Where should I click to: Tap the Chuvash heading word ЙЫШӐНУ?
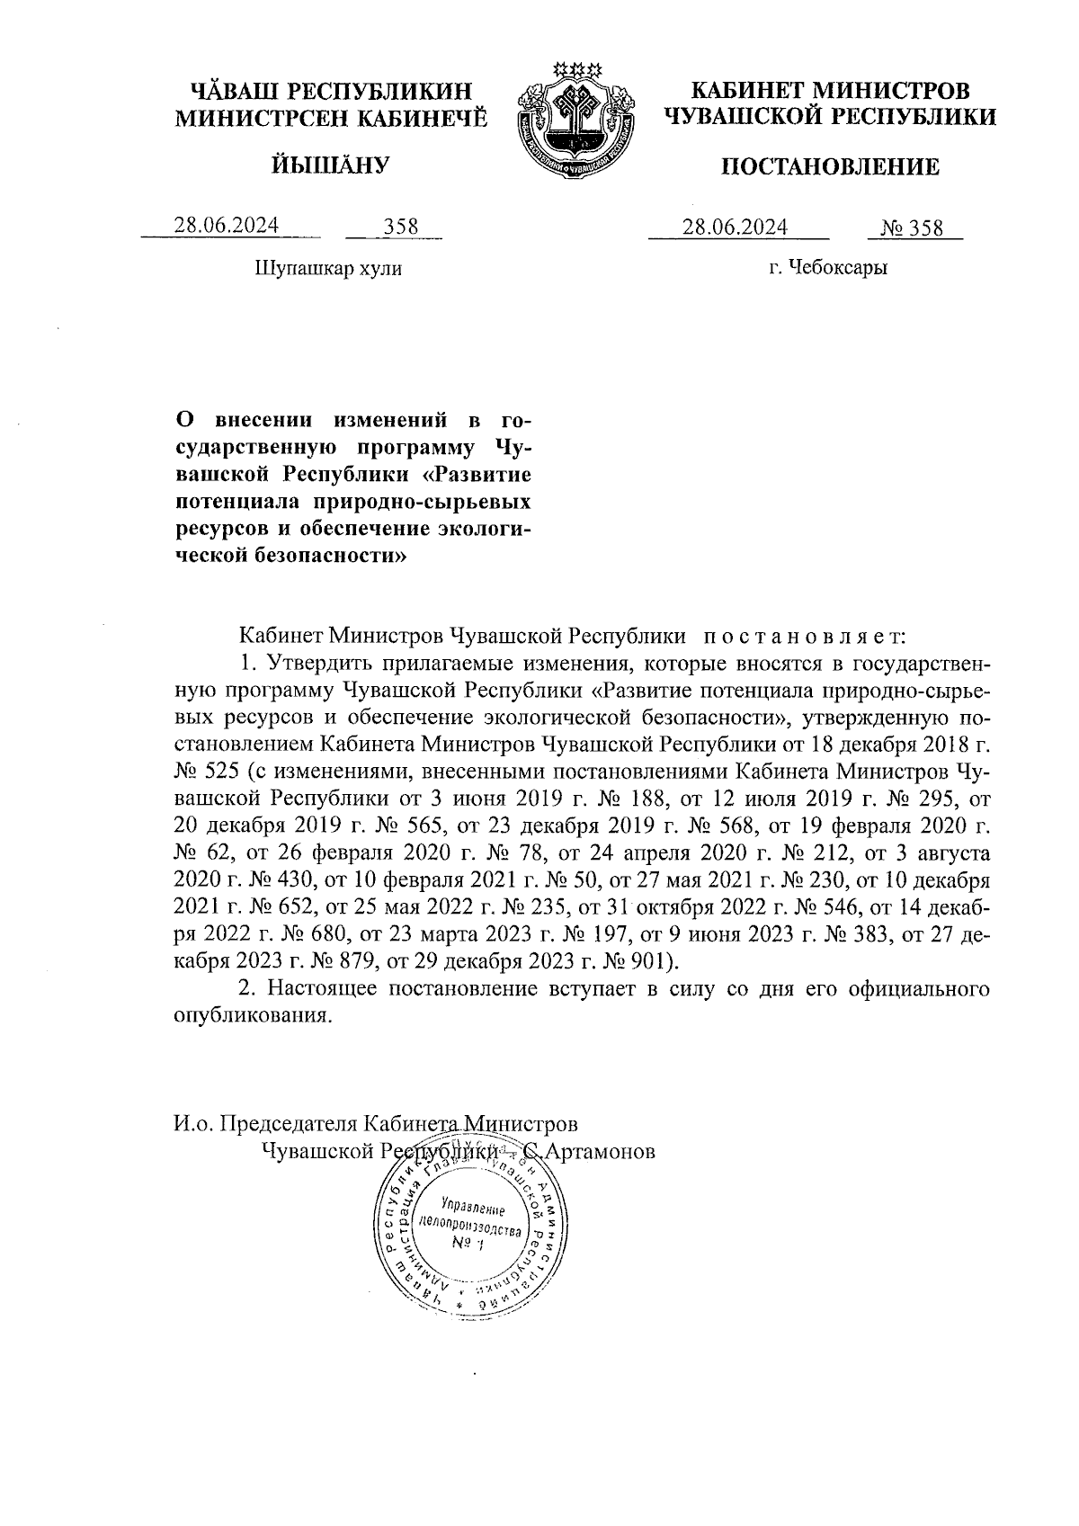(330, 165)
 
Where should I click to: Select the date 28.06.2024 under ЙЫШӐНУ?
(227, 226)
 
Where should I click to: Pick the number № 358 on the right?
(913, 228)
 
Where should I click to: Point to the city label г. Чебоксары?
(828, 268)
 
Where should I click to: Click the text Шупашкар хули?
(329, 268)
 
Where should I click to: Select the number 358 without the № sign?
(401, 227)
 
